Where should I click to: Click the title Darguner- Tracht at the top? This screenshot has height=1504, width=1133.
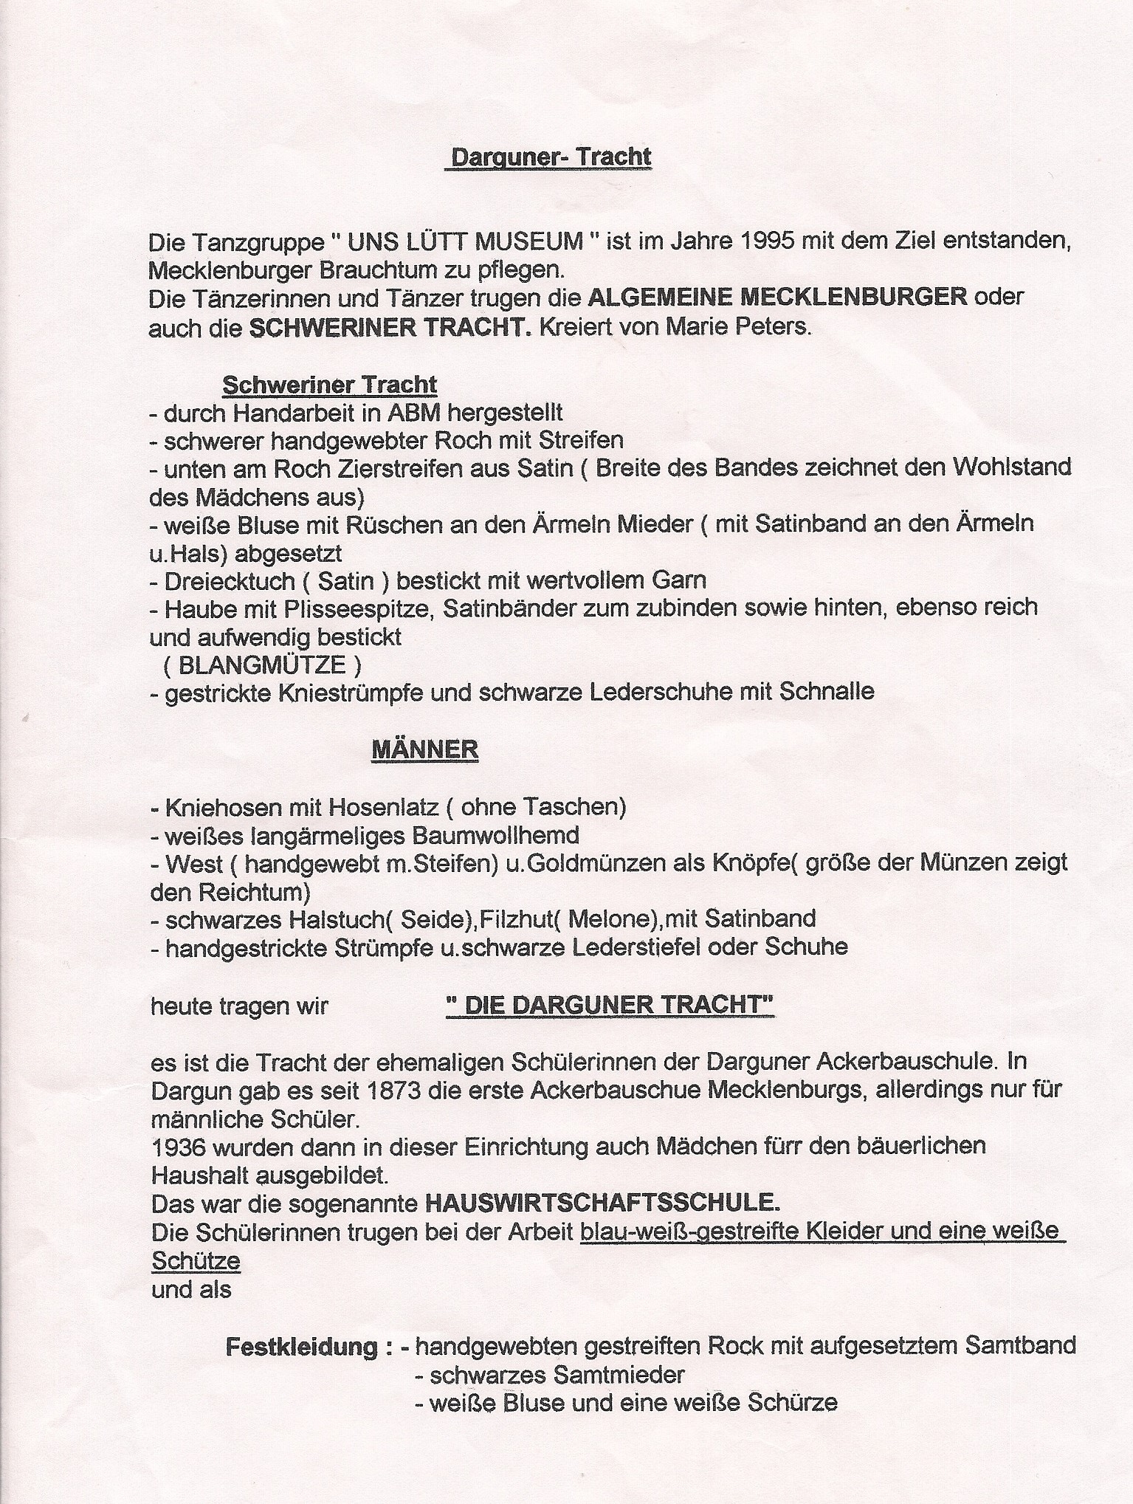pos(547,157)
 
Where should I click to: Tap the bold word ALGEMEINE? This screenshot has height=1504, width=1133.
pos(660,298)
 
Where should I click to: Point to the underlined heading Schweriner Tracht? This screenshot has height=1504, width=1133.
pos(329,385)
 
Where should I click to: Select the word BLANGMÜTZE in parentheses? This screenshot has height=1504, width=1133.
pos(262,665)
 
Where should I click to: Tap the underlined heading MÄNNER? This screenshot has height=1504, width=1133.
pos(424,749)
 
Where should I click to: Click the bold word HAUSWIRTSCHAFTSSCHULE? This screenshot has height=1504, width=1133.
pos(602,1203)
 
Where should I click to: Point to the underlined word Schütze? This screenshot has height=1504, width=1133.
pos(196,1260)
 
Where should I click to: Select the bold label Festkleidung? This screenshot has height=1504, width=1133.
pos(301,1346)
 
